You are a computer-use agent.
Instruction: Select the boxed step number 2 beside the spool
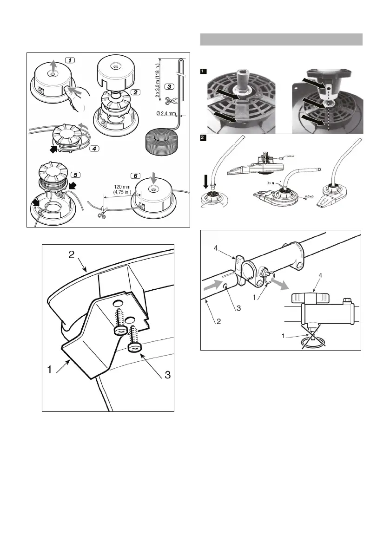coord(135,92)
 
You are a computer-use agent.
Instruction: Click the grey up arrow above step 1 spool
coord(53,66)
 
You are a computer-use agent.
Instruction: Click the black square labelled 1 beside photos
coord(203,71)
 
